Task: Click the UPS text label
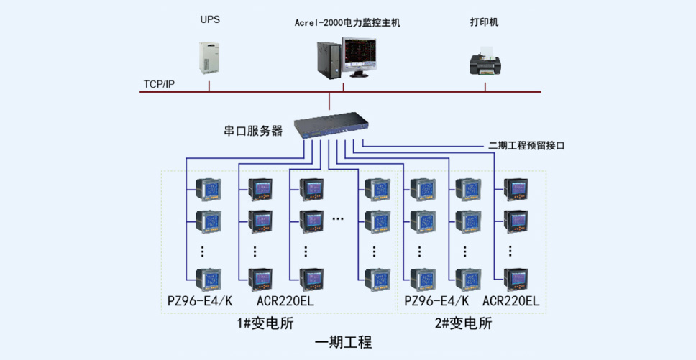coord(210,20)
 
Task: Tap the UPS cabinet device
coord(209,57)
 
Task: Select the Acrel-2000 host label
coord(347,23)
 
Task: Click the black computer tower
coord(329,60)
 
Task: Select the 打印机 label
coord(485,22)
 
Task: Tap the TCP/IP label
coord(159,84)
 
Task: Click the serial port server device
coord(332,124)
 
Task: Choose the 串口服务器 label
coord(254,131)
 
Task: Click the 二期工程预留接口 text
coord(526,145)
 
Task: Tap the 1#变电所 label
coord(265,323)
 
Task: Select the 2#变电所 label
coord(464,323)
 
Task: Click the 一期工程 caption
coord(343,343)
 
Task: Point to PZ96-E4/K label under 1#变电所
coord(200,301)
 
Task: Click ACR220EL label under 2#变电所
coord(511,301)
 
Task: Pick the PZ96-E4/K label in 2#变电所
coord(436,301)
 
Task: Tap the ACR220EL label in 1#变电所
coord(285,301)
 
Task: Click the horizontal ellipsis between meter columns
coord(338,218)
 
